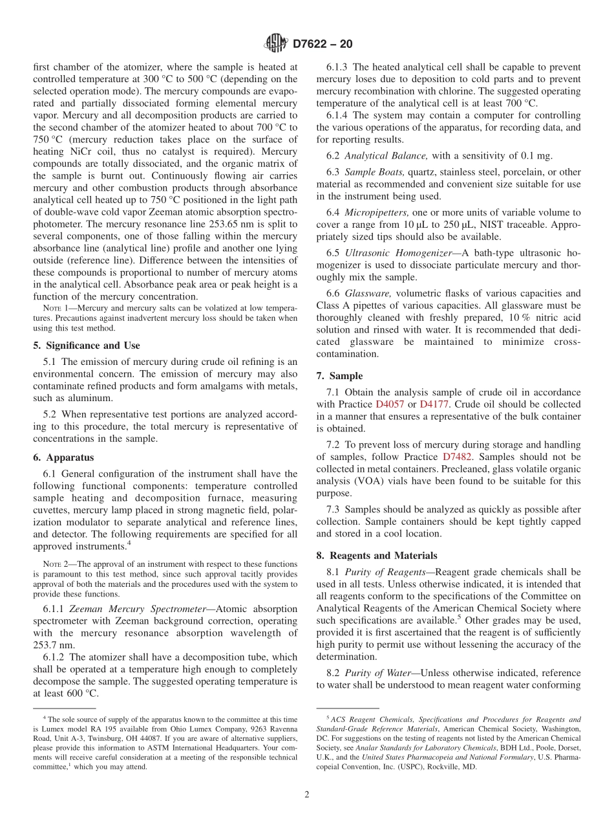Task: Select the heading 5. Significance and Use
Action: pos(86,346)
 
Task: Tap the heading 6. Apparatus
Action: pos(63,457)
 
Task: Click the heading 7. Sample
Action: pos(339,376)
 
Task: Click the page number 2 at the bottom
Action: pos(307,795)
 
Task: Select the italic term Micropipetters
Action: pos(376,212)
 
